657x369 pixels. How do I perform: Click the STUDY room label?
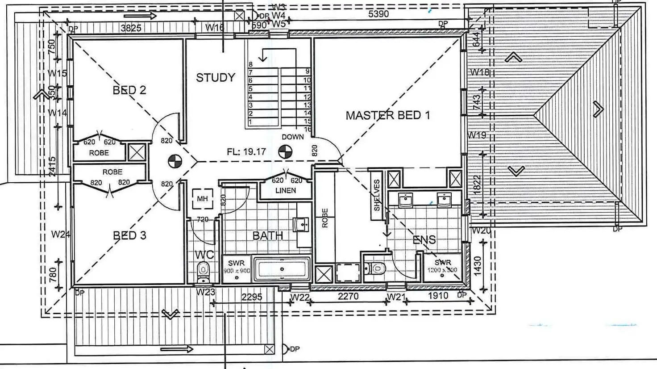pyautogui.click(x=216, y=78)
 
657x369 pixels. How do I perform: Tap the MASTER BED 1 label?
pyautogui.click(x=387, y=116)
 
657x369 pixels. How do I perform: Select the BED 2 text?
pyautogui.click(x=129, y=90)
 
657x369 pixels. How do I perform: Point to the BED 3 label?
pyautogui.click(x=129, y=235)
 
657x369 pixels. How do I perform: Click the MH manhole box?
pyautogui.click(x=202, y=198)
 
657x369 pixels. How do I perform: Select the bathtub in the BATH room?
pyautogui.click(x=282, y=269)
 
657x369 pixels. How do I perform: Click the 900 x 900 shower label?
pyautogui.click(x=237, y=271)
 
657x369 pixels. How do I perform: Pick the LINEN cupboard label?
pyautogui.click(x=285, y=191)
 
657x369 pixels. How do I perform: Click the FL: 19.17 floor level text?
pyautogui.click(x=246, y=152)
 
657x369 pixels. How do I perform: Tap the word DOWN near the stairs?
pyautogui.click(x=292, y=137)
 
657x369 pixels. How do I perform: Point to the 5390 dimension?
pyautogui.click(x=378, y=14)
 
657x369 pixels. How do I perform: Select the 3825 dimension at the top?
pyautogui.click(x=131, y=28)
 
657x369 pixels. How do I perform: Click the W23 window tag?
pyautogui.click(x=205, y=292)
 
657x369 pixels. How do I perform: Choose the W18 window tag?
pyautogui.click(x=480, y=72)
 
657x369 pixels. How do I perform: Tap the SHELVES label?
pyautogui.click(x=377, y=196)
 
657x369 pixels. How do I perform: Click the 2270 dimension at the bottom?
pyautogui.click(x=348, y=296)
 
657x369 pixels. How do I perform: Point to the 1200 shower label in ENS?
pyautogui.click(x=442, y=270)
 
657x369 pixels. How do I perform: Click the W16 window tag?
pyautogui.click(x=215, y=28)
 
